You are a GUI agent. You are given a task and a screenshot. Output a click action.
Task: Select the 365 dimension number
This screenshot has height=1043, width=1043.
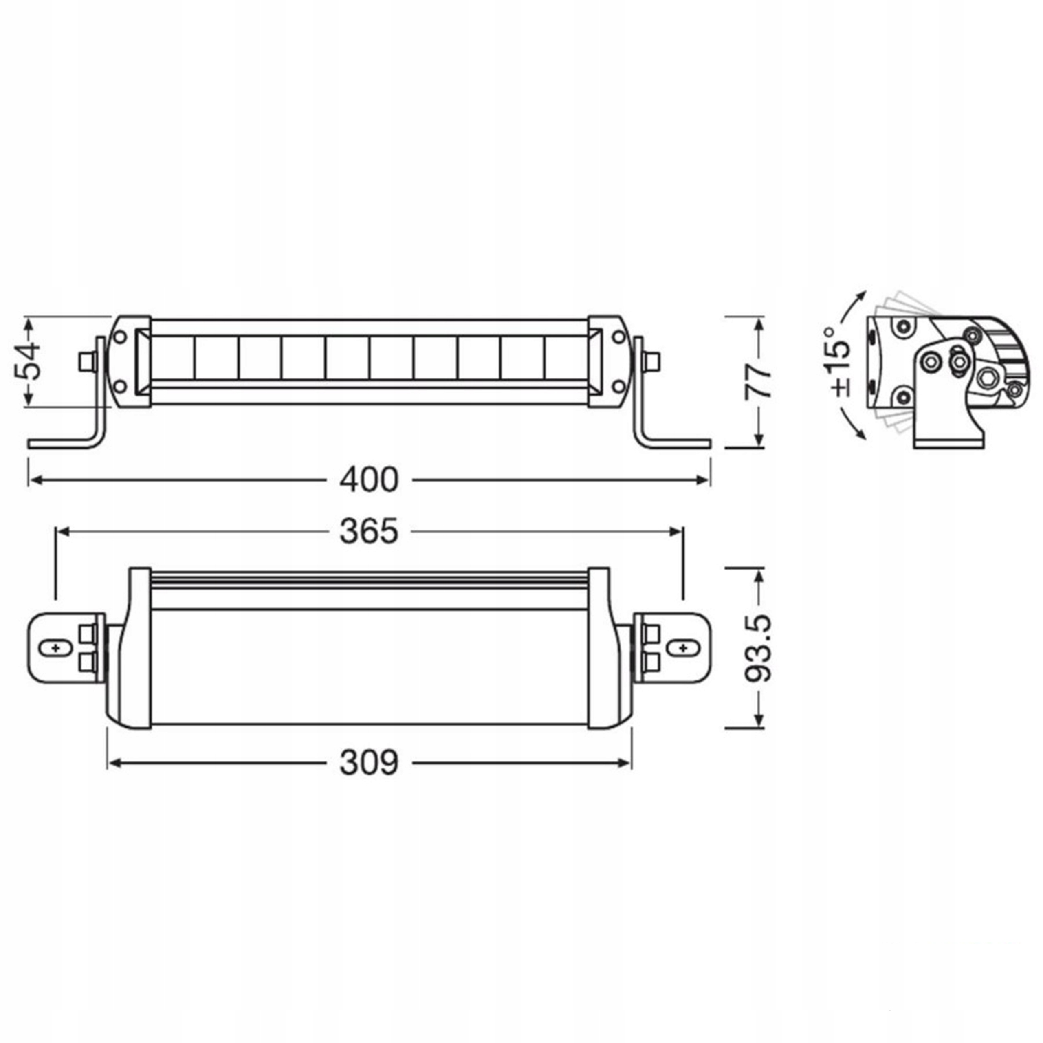click(369, 532)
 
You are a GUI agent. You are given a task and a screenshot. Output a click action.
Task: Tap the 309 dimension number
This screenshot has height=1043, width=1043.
click(369, 763)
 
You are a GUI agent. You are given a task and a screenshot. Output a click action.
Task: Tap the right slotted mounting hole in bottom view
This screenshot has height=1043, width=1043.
click(682, 647)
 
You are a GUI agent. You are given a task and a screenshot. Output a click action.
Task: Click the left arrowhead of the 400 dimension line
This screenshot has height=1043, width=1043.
click(33, 480)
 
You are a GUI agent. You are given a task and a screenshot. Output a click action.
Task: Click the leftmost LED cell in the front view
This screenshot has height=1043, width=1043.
click(172, 358)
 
